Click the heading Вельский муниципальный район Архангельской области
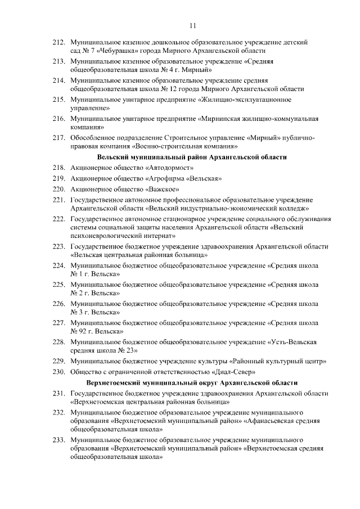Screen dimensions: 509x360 (x=192, y=157)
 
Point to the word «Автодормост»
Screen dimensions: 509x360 (x=170, y=168)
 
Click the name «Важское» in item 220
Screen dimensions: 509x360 (x=162, y=189)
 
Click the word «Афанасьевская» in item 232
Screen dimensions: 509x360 (x=269, y=420)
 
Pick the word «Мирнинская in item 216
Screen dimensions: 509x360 (x=223, y=119)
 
